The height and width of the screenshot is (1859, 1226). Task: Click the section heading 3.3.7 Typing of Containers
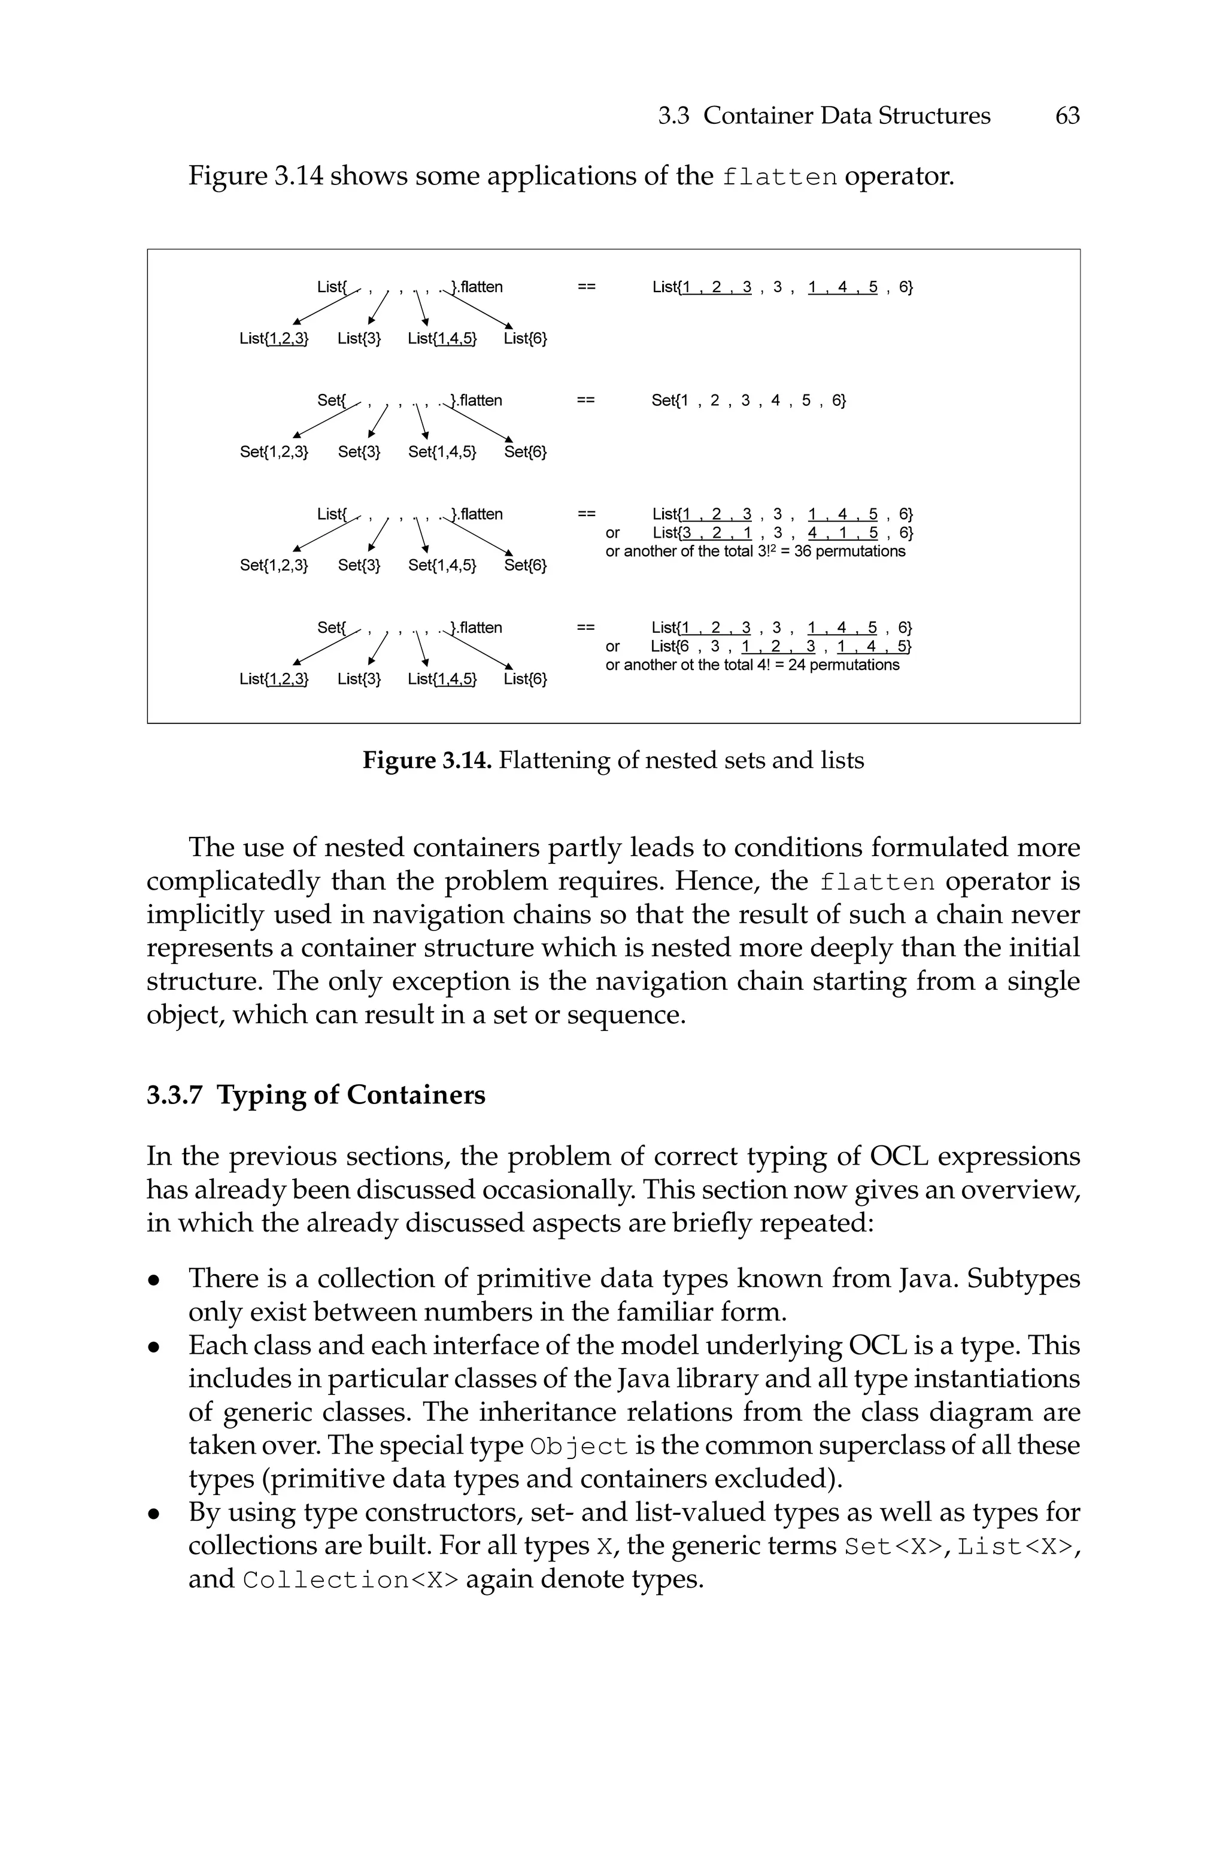(x=316, y=1094)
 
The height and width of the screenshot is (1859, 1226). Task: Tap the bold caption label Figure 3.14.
(x=426, y=760)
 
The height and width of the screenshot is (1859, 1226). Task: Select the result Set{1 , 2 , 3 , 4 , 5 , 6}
(x=748, y=401)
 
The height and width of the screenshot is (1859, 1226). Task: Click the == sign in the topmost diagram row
(x=587, y=287)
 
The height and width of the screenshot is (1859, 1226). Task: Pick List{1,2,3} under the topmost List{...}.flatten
(x=274, y=338)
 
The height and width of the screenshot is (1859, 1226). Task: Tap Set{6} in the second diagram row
(x=526, y=452)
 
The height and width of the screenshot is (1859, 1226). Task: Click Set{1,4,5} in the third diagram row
(x=442, y=565)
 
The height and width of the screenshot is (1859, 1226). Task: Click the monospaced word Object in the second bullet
(x=579, y=1447)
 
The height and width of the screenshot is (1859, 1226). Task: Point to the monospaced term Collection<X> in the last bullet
(x=350, y=1581)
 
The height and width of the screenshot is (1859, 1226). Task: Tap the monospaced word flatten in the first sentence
(x=779, y=177)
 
